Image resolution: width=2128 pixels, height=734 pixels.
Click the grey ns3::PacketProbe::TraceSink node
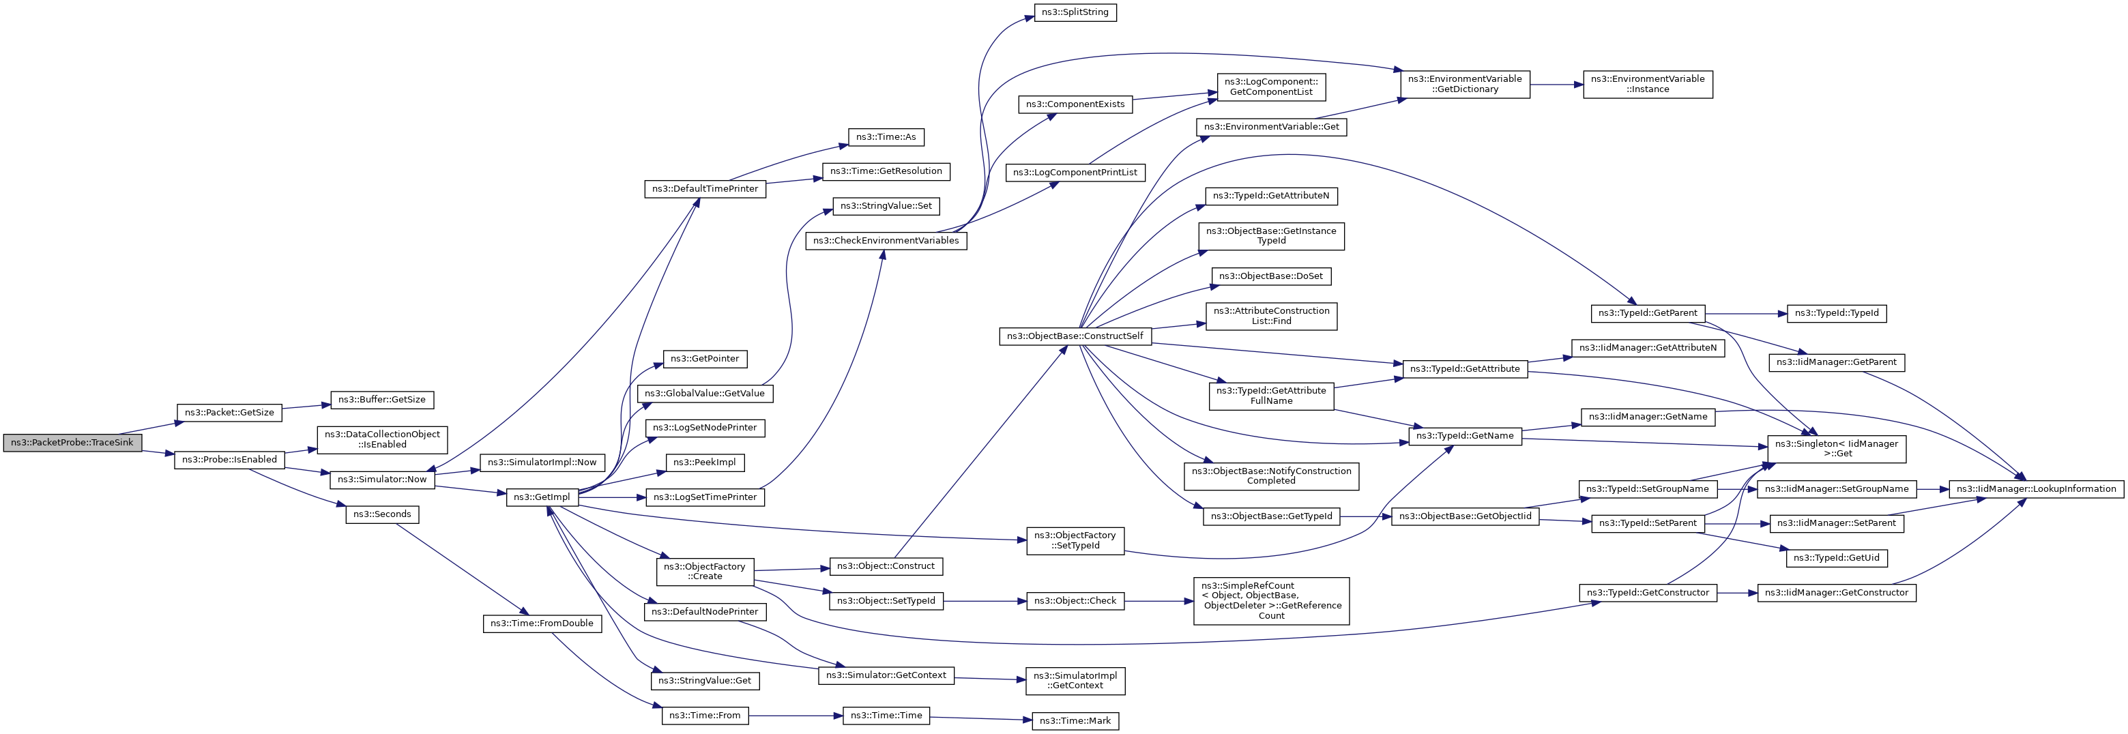click(x=72, y=443)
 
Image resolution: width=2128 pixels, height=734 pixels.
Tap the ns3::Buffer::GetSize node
click(x=381, y=400)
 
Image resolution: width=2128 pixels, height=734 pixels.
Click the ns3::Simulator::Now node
click(x=383, y=480)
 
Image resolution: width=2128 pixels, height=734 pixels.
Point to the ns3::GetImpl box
click(x=542, y=497)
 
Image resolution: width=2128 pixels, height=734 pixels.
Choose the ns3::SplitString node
click(x=1075, y=13)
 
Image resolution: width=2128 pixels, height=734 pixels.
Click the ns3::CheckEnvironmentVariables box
click(x=886, y=241)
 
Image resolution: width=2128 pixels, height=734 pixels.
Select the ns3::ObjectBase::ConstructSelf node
click(x=1075, y=336)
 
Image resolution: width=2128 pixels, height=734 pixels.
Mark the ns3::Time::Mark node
click(x=1075, y=721)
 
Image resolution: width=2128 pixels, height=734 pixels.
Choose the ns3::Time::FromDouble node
click(x=542, y=623)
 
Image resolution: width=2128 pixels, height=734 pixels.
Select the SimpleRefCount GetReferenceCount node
click(x=1271, y=601)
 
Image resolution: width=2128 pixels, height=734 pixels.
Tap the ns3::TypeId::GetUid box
click(x=1837, y=558)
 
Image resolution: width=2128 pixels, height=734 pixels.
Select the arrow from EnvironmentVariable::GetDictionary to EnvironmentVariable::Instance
click(x=1556, y=84)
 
